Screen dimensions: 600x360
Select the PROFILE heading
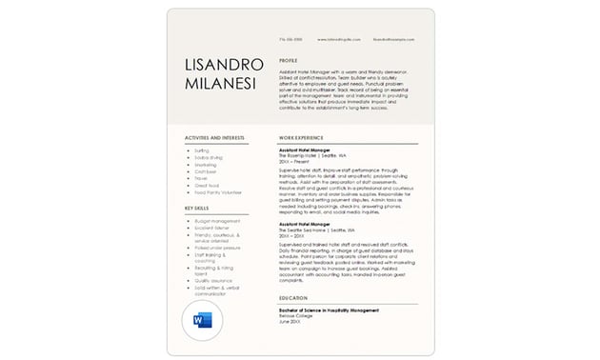pyautogui.click(x=289, y=60)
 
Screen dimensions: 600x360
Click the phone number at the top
pyautogui.click(x=290, y=39)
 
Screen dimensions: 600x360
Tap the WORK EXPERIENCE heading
pyautogui.click(x=301, y=138)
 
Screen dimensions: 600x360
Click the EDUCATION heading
pyautogui.click(x=293, y=297)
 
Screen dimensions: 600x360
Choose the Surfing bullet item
pyautogui.click(x=202, y=150)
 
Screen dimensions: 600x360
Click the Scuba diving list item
pyautogui.click(x=208, y=157)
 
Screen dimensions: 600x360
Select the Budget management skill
pyautogui.click(x=216, y=221)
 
